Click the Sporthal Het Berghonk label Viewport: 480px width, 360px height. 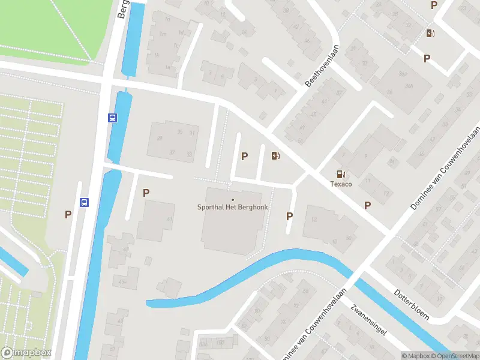tap(233, 208)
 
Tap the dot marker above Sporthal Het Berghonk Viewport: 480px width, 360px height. tap(233, 199)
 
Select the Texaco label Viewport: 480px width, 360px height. tap(340, 184)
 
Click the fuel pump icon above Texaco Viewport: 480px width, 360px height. tap(341, 174)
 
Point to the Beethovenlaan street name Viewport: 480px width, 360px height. tap(322, 66)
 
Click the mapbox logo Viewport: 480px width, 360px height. tap(26, 353)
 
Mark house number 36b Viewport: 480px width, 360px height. tap(409, 86)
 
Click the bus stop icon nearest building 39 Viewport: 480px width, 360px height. tap(112, 118)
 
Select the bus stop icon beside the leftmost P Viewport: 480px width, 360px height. tap(85, 203)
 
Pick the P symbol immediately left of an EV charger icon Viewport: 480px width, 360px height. tap(244, 156)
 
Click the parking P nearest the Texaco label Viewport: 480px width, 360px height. tap(367, 205)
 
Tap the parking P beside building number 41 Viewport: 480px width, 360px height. tap(146, 193)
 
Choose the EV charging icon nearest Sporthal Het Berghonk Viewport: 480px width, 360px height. tap(275, 156)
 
